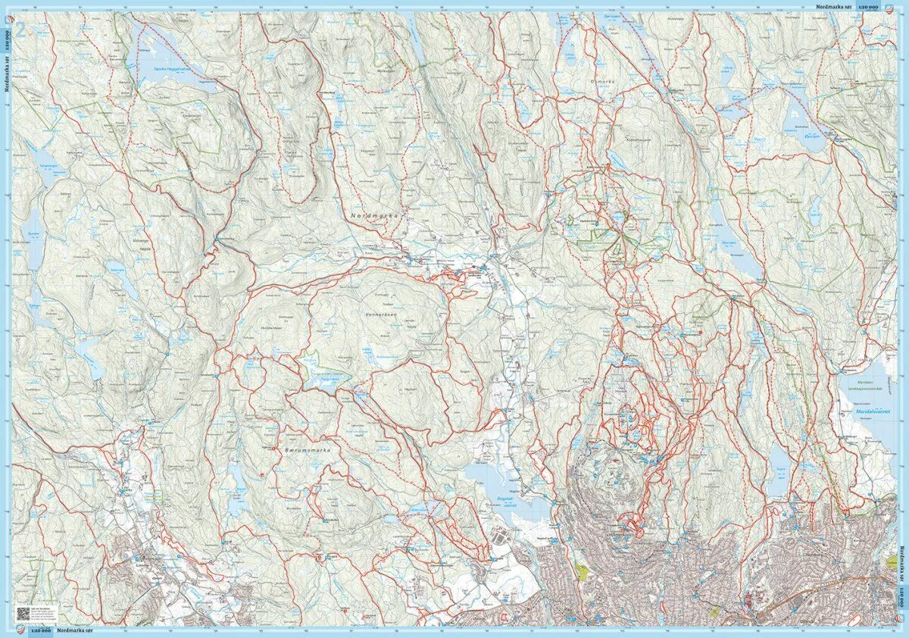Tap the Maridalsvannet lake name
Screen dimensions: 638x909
point(869,412)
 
